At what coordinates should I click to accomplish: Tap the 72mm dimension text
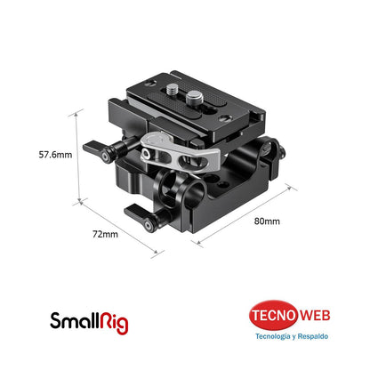pos(106,234)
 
